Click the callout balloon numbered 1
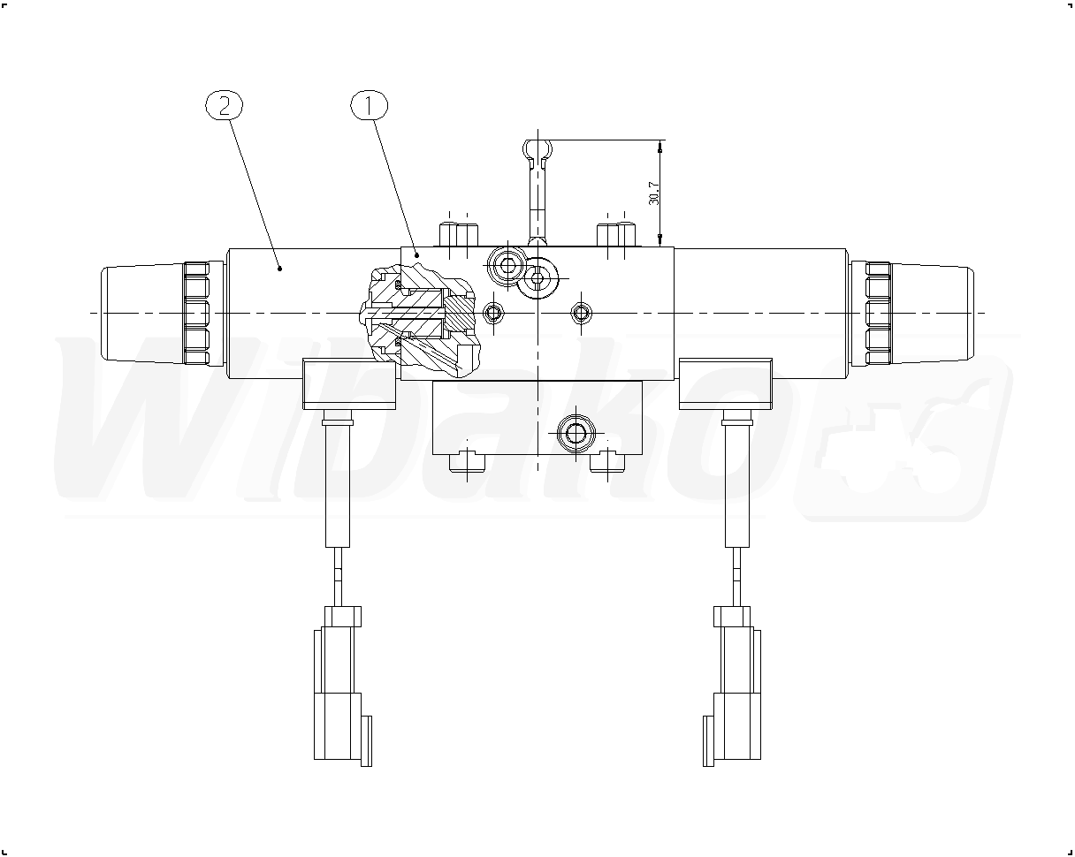point(369,105)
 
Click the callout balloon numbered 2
point(225,105)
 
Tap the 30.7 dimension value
point(653,193)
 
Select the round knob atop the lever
point(537,149)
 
